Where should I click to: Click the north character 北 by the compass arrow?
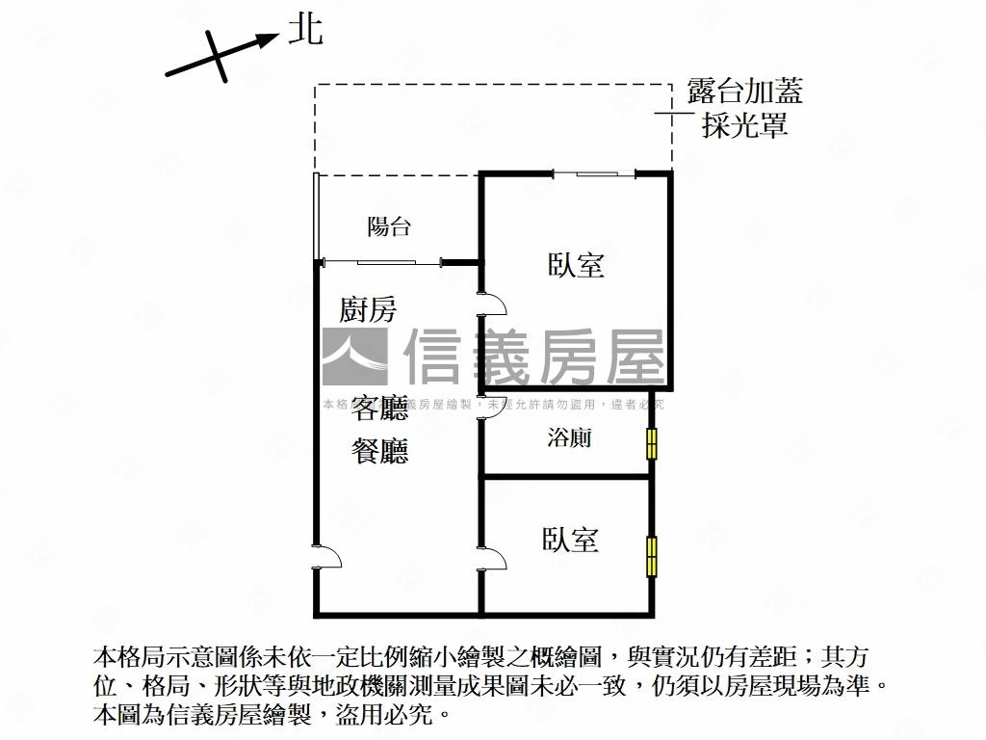click(x=306, y=31)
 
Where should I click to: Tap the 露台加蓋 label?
click(x=744, y=92)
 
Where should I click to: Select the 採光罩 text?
click(x=744, y=125)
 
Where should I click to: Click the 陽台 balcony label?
click(x=389, y=227)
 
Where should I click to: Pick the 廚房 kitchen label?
click(x=368, y=310)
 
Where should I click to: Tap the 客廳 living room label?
click(x=379, y=410)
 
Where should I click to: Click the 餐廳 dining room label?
click(x=379, y=450)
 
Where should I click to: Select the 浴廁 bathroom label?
click(x=569, y=439)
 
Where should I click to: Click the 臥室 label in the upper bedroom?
click(x=576, y=265)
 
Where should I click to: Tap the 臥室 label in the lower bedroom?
click(x=570, y=540)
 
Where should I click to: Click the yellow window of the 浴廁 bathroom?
click(x=652, y=443)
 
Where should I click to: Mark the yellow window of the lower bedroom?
click(x=652, y=556)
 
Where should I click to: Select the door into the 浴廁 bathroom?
click(x=492, y=409)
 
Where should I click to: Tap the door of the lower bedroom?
click(x=492, y=559)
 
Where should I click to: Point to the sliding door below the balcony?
click(x=385, y=261)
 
